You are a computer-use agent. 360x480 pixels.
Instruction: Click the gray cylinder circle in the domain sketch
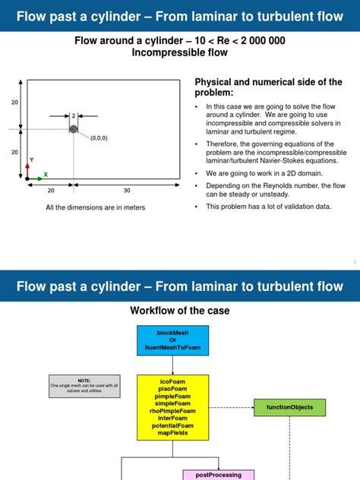click(74, 129)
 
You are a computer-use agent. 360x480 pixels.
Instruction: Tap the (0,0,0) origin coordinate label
click(99, 138)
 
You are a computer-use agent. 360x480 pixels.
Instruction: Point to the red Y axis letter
click(31, 159)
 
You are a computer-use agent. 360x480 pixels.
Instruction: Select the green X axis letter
click(46, 174)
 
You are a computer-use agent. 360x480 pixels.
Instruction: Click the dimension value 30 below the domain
click(127, 191)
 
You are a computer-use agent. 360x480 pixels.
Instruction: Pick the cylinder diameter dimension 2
click(74, 115)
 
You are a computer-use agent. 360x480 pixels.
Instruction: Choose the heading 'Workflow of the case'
click(180, 311)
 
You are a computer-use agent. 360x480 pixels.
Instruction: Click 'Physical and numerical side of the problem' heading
click(269, 87)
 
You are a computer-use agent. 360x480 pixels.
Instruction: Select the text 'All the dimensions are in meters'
click(95, 207)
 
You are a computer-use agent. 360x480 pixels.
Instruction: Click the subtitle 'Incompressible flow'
click(179, 52)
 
